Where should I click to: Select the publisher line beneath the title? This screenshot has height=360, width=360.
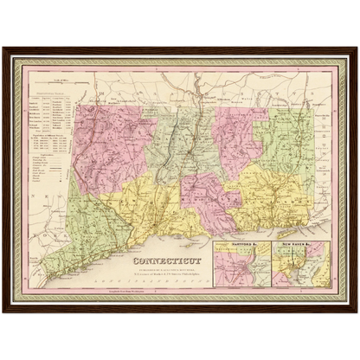[x=165, y=269]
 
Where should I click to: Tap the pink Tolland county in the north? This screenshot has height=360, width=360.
[x=238, y=130]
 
